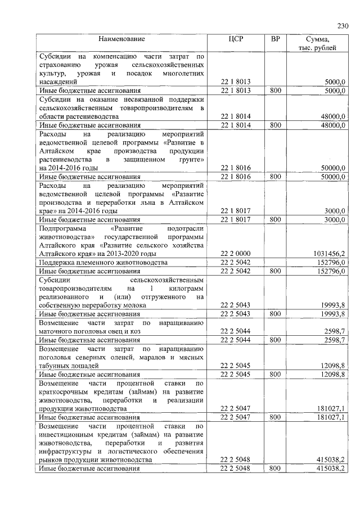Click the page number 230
(343, 26)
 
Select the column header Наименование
(121, 39)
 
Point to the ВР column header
(275, 39)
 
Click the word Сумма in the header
(317, 39)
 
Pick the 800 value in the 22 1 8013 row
(275, 90)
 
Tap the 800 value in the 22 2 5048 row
(275, 468)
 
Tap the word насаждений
(57, 82)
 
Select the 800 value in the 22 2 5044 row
(275, 340)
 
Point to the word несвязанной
(136, 98)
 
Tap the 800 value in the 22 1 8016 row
(275, 176)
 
